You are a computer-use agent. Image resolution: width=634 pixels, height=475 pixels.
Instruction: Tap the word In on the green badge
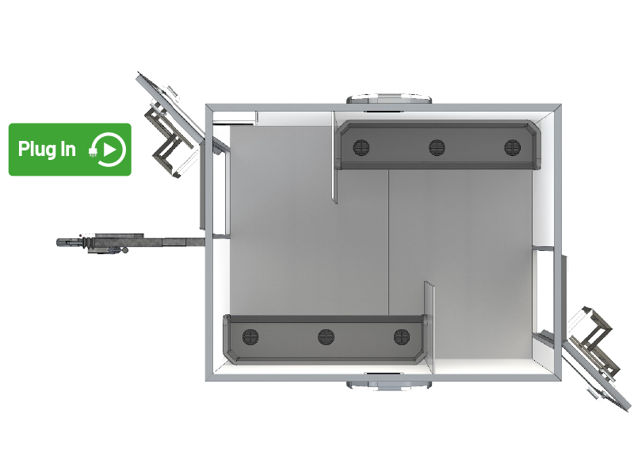coord(68,149)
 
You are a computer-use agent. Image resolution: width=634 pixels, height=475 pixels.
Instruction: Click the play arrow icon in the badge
coord(109,150)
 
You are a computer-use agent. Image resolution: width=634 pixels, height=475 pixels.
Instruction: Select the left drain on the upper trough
coord(361,147)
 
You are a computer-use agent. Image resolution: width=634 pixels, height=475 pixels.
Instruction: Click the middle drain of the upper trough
coord(437,147)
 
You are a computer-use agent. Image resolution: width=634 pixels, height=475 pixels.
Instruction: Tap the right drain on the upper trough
coord(512,147)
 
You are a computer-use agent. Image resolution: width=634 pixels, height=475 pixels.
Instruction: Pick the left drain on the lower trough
coord(250,337)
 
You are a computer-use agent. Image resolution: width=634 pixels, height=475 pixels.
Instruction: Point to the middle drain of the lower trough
coord(326,337)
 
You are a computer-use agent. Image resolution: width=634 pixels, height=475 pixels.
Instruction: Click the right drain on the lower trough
coord(402,337)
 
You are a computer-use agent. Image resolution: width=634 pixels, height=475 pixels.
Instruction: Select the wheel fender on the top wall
coord(389,100)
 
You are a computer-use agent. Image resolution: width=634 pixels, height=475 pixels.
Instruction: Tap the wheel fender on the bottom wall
coord(389,385)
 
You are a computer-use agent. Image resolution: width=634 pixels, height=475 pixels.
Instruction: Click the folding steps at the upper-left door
coord(166,138)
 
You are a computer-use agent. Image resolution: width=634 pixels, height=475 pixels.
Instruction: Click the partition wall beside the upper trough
coord(334,157)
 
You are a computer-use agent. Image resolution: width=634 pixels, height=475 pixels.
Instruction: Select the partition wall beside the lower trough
coord(429,328)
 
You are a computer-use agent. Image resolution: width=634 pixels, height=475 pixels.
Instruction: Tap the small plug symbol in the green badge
coord(93,151)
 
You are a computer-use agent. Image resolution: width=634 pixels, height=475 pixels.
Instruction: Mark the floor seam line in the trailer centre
coord(388,242)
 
